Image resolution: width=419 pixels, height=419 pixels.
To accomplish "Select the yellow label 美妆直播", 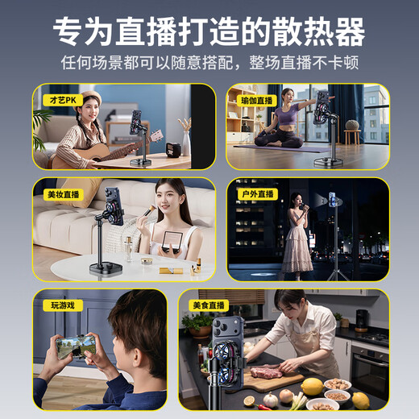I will coord(61,194).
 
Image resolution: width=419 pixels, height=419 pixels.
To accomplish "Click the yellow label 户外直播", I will coord(256,194).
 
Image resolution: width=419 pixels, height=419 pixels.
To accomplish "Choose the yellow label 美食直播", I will coord(209,305).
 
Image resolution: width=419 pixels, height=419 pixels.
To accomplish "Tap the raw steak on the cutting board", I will coord(266,371).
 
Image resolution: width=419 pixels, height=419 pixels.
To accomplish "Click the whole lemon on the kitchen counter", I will coord(312,386).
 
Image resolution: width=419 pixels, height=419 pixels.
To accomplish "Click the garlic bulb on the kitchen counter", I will coord(271,400).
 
